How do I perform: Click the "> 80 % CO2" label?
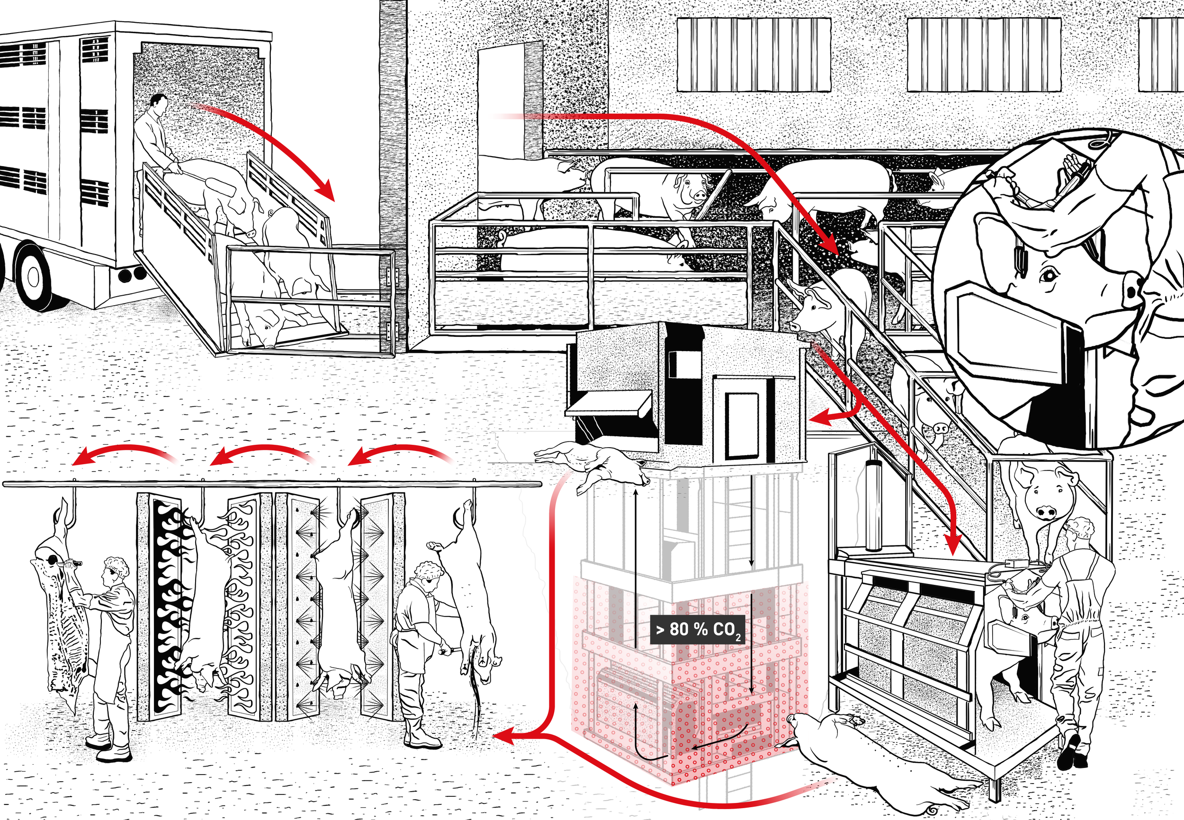[x=697, y=629]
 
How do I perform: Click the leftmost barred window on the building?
[x=753, y=55]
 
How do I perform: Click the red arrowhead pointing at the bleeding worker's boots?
[x=506, y=738]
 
